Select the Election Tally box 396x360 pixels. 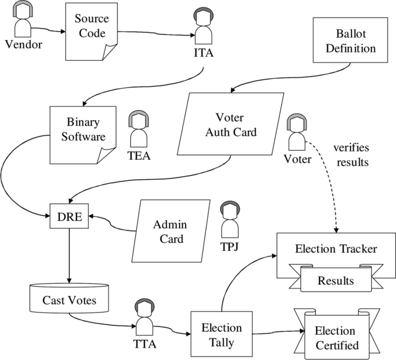pos(221,334)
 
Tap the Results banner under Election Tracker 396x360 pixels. pos(336,281)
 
